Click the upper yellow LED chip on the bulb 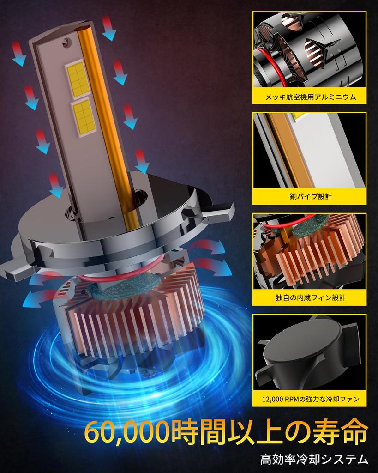[78, 79]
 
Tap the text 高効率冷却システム [314, 460]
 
